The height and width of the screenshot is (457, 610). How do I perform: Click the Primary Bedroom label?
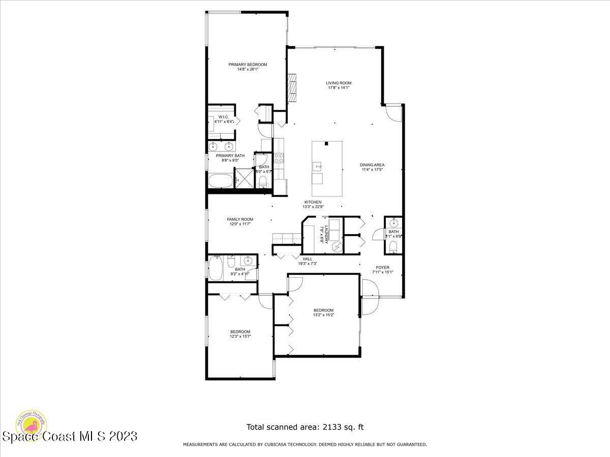pos(248,64)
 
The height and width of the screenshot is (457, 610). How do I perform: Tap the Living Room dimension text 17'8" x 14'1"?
pos(339,88)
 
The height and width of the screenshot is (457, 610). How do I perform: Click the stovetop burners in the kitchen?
pos(279,158)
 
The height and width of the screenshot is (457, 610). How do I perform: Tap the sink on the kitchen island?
pos(318,166)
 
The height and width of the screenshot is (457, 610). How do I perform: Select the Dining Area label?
pos(372,165)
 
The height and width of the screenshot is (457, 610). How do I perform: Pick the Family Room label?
pos(240,219)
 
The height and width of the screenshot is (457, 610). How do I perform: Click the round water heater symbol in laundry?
pos(337,246)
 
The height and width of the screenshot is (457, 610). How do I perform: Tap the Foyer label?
pos(382,267)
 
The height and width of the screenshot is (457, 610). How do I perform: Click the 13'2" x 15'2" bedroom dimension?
pos(323,315)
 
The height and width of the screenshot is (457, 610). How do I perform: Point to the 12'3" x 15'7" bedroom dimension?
pos(240,336)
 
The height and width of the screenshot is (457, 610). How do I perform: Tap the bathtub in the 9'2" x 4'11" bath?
pos(216,268)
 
